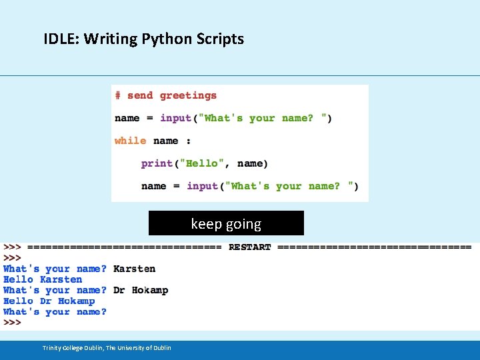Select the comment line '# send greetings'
click(166, 95)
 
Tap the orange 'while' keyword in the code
click(130, 141)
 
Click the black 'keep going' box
click(226, 223)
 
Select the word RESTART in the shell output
click(249, 247)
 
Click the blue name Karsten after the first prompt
click(134, 269)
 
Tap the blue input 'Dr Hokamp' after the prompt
click(141, 290)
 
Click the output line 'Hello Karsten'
click(43, 279)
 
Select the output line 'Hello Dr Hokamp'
click(49, 301)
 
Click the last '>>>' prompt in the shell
click(12, 322)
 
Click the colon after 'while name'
click(188, 141)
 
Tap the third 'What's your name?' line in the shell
click(55, 311)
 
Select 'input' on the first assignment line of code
click(176, 118)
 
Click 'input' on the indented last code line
click(203, 186)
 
